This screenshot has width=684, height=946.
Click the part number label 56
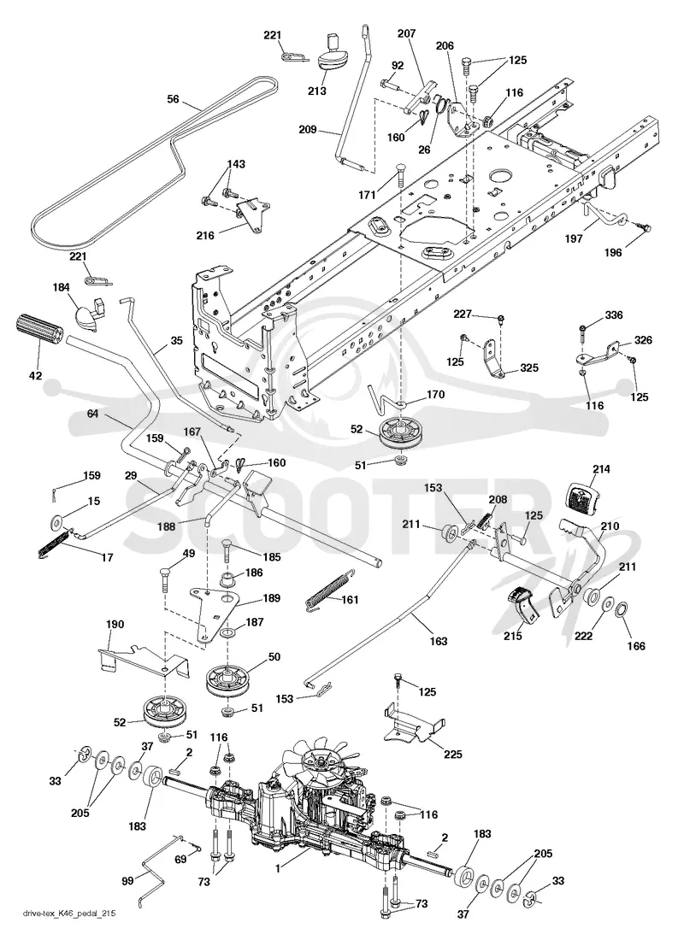pyautogui.click(x=174, y=99)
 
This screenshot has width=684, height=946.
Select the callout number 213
pyautogui.click(x=316, y=91)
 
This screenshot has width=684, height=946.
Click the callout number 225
pyautogui.click(x=453, y=754)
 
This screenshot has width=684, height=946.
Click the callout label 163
pyautogui.click(x=438, y=641)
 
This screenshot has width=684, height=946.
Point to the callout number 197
pyautogui.click(x=573, y=239)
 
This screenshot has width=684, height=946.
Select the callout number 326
pyautogui.click(x=643, y=340)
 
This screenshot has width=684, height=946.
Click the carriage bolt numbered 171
pyautogui.click(x=399, y=175)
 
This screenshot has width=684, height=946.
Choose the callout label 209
pyautogui.click(x=308, y=128)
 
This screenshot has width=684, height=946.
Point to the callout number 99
pyautogui.click(x=127, y=881)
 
